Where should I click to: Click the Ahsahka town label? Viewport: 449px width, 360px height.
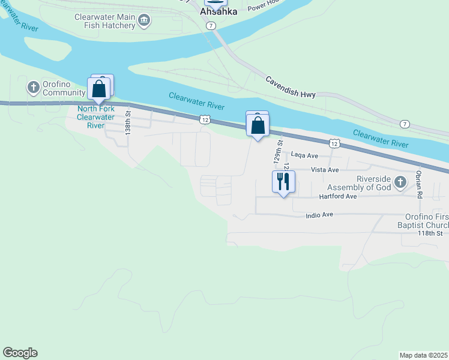click(x=218, y=11)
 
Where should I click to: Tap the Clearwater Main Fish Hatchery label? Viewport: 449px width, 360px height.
click(x=105, y=21)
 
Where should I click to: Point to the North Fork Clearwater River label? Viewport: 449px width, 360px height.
click(x=96, y=117)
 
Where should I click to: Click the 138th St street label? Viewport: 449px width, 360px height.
click(x=128, y=121)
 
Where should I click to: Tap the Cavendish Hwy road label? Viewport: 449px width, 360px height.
click(x=291, y=88)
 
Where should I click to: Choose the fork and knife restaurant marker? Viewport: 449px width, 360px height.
click(x=283, y=181)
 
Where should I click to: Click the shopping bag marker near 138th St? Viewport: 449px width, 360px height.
click(x=100, y=89)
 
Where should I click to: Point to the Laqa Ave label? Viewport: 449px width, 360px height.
click(x=304, y=155)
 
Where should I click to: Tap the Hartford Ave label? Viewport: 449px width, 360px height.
click(x=338, y=196)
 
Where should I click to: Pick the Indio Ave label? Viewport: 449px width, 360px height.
click(x=319, y=215)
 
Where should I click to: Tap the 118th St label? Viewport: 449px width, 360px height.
click(x=430, y=233)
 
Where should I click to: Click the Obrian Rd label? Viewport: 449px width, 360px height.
click(x=419, y=185)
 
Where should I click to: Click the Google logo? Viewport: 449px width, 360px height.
click(x=20, y=353)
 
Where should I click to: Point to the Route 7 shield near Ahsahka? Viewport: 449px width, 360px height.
click(x=210, y=26)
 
